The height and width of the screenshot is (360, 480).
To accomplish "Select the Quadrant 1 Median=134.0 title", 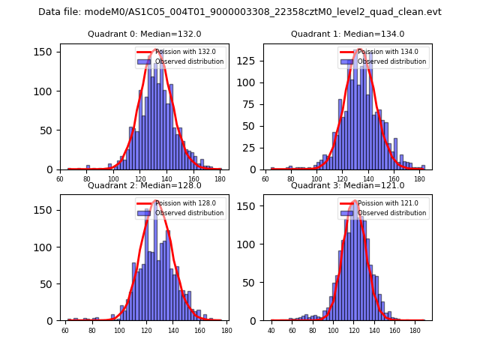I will pyautogui.click(x=347, y=34).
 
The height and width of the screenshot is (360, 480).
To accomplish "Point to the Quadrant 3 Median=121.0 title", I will pyautogui.click(x=347, y=185).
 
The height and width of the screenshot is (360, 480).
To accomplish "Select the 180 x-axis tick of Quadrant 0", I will pyautogui.click(x=220, y=178).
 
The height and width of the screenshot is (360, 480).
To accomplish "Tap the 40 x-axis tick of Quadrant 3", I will pyautogui.click(x=271, y=330).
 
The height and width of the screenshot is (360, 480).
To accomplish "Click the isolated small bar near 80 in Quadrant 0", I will pyautogui.click(x=88, y=167).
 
